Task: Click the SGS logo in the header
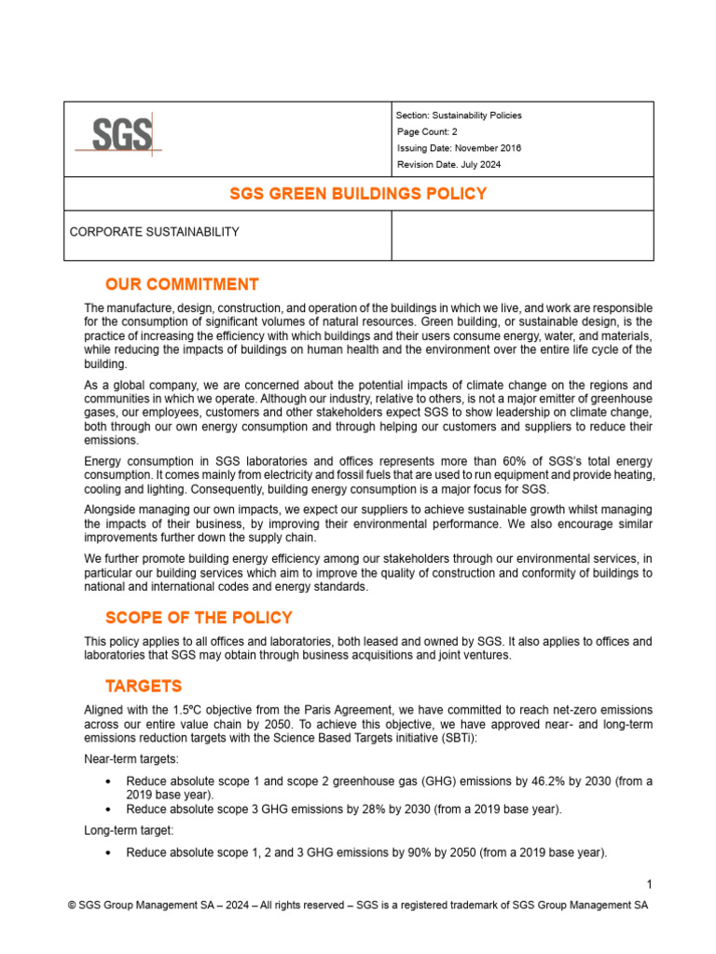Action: pos(117,136)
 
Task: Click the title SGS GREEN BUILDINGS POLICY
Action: pos(358,194)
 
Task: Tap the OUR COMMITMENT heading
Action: pos(182,284)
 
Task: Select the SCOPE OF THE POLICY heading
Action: pos(199,618)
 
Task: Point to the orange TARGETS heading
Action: pos(144,687)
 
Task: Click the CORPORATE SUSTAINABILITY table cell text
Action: pos(155,232)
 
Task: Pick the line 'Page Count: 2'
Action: pos(427,132)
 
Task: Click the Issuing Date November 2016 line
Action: pos(459,148)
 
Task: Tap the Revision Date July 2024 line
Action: pos(449,165)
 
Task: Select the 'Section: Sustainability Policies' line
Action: pos(459,116)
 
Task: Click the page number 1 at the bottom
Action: pos(648,883)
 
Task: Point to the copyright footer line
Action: pos(358,906)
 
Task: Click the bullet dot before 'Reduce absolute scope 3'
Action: pos(110,811)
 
